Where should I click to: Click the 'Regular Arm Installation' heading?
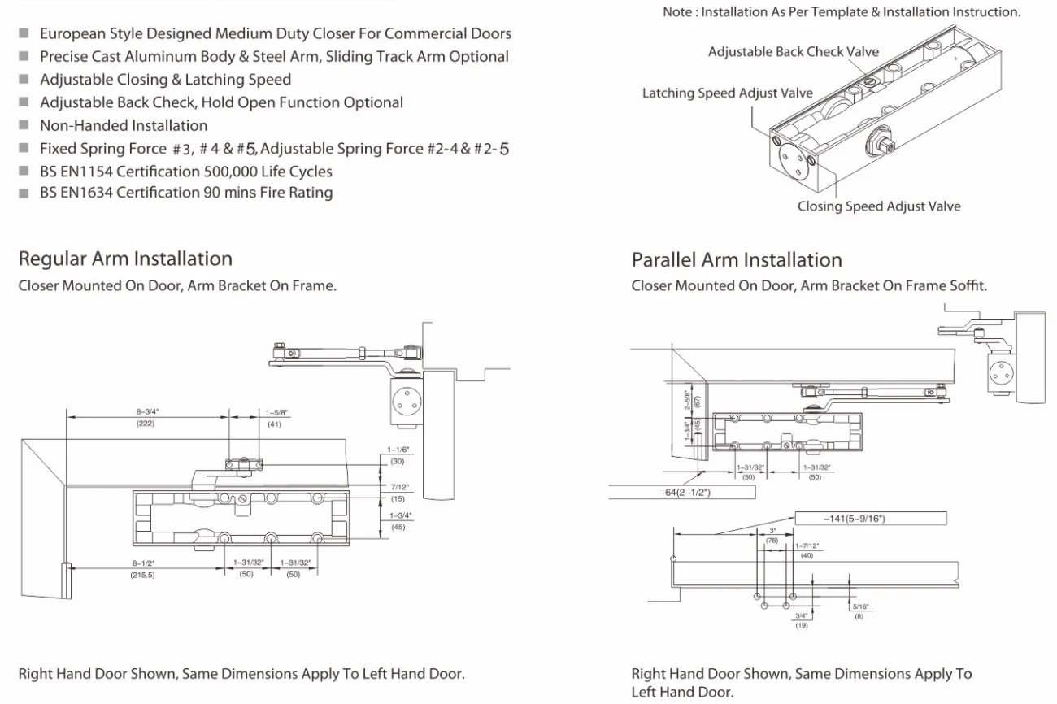pyautogui.click(x=125, y=259)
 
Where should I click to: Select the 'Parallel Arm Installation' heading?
pyautogui.click(x=737, y=260)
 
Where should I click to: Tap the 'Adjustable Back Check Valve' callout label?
pyautogui.click(x=793, y=52)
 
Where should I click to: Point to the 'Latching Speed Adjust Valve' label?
pyautogui.click(x=727, y=93)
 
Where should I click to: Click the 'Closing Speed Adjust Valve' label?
pyautogui.click(x=878, y=206)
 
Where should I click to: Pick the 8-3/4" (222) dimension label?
pyautogui.click(x=146, y=418)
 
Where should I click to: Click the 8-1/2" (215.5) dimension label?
pyautogui.click(x=142, y=568)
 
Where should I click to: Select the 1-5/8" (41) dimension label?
pyautogui.click(x=276, y=418)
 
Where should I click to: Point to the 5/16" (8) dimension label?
pyautogui.click(x=859, y=611)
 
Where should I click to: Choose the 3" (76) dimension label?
pyautogui.click(x=772, y=535)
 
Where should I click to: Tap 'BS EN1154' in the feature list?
pyautogui.click(x=77, y=172)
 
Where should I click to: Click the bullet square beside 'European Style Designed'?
pyautogui.click(x=24, y=34)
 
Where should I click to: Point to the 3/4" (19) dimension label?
pyautogui.click(x=801, y=620)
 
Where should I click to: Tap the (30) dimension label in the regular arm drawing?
pyautogui.click(x=397, y=461)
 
